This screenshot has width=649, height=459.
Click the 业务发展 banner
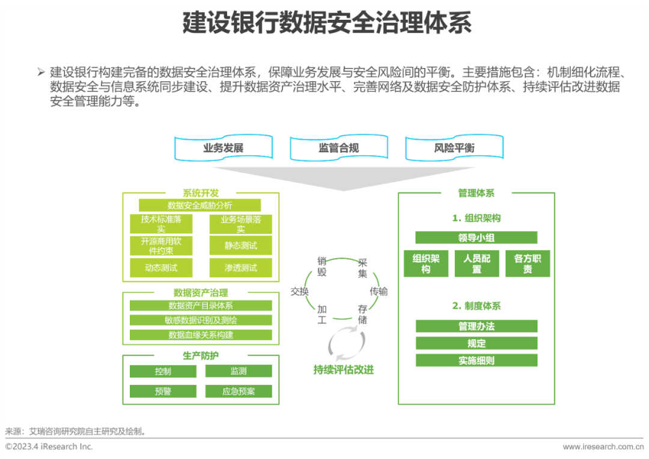click(x=223, y=148)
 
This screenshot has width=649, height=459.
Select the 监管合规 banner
click(x=338, y=148)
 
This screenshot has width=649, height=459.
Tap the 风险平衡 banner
click(x=454, y=148)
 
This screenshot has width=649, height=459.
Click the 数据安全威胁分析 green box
click(x=200, y=205)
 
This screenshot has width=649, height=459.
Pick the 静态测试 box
click(x=240, y=245)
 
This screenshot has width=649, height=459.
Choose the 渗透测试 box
click(x=240, y=268)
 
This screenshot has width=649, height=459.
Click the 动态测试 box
click(x=161, y=268)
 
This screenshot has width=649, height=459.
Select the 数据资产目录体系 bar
click(x=201, y=306)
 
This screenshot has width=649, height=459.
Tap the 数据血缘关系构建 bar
click(x=201, y=335)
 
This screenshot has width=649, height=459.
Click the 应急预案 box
click(x=239, y=391)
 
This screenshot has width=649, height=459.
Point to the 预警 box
click(x=163, y=391)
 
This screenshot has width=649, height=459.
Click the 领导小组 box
click(x=476, y=238)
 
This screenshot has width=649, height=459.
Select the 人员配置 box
click(x=477, y=263)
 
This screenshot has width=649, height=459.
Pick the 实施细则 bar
click(x=476, y=360)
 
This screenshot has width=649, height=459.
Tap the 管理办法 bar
click(x=476, y=326)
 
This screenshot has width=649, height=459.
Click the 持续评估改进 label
click(x=343, y=370)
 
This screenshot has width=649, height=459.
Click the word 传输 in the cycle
click(x=379, y=292)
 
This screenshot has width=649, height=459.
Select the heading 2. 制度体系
click(x=476, y=306)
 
